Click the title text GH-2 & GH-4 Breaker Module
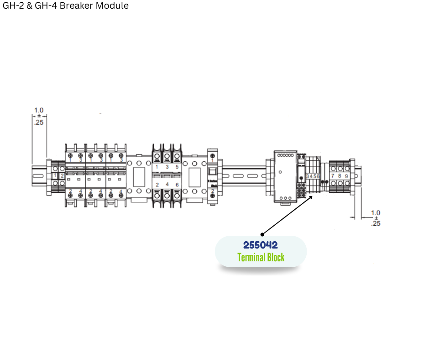66,6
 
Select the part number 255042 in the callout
260,245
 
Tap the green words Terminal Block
261,258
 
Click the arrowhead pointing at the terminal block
312,197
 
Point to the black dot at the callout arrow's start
262,234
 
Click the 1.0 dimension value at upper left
39,110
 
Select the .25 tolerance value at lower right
376,223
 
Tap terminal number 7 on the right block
333,176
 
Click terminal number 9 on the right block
346,176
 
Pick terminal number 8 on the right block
340,176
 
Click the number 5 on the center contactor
177,167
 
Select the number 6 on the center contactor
177,185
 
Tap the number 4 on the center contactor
167,185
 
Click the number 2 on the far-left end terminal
62,176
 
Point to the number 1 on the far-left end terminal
55,176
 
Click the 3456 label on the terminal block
313,176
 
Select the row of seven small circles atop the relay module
285,156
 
